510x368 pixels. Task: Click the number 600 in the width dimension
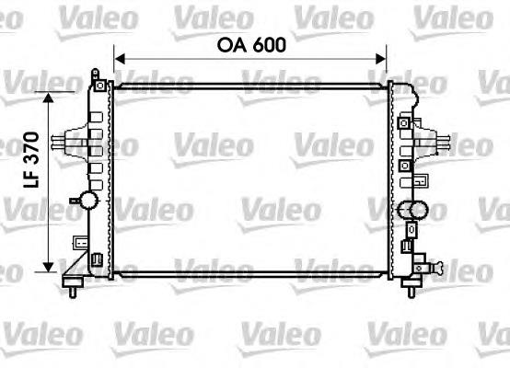tap(270, 45)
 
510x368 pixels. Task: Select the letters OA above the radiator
tap(232, 45)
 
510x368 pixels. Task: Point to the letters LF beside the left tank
tap(31, 178)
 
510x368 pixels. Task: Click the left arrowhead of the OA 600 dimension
tap(120, 59)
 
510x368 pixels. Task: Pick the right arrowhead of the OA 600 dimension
tap(381, 59)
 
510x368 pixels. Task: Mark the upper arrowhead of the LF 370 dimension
tap(48, 98)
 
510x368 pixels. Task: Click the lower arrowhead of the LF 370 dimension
tap(48, 267)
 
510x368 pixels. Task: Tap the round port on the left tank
tap(88, 200)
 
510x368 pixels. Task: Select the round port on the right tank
tap(418, 210)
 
